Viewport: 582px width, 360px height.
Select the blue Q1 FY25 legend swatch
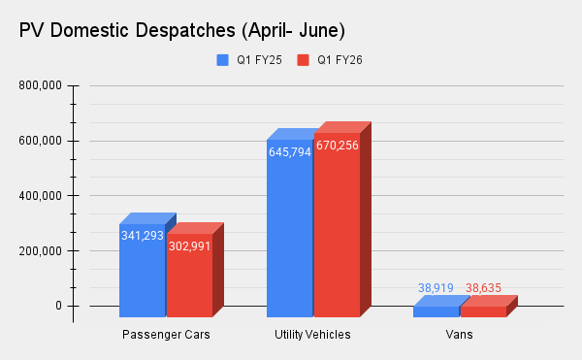221,59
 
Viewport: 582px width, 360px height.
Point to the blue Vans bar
436,311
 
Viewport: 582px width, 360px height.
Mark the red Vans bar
483,311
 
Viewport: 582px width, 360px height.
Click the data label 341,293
142,235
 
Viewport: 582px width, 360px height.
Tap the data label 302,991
189,245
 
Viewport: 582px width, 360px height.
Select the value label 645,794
289,152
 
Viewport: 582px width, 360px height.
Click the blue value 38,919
436,288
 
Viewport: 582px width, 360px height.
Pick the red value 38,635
483,288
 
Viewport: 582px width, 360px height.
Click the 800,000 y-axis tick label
41,85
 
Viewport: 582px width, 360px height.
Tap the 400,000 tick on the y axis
41,196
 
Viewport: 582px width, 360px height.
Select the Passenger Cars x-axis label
166,335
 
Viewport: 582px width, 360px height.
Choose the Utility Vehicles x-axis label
313,335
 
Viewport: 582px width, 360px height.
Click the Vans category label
460,335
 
